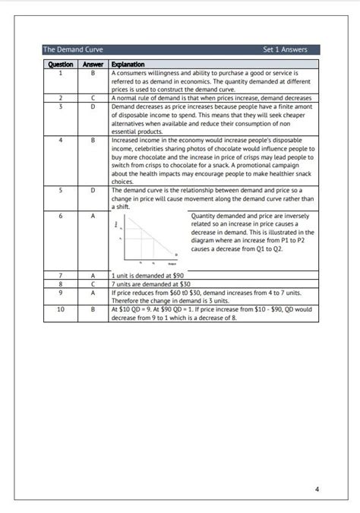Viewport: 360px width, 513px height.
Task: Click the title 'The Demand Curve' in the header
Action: point(73,49)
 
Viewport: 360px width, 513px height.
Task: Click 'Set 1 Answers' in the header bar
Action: point(285,49)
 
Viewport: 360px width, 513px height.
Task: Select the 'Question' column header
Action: point(60,65)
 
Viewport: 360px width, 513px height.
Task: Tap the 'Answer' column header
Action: point(93,65)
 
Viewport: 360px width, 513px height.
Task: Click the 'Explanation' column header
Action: point(128,65)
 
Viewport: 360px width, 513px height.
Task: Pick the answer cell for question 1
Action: point(93,73)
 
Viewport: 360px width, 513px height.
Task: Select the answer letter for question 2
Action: point(93,98)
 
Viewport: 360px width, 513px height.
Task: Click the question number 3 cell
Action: point(60,106)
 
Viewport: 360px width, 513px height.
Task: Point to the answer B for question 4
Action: point(93,140)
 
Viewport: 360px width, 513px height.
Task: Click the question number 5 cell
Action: point(60,190)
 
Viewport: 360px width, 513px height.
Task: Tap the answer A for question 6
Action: point(93,216)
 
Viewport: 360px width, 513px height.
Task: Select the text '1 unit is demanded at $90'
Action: point(148,274)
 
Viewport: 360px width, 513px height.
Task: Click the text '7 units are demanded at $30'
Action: point(150,283)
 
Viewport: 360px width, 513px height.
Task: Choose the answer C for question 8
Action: point(93,283)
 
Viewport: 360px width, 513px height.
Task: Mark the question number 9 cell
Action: point(60,291)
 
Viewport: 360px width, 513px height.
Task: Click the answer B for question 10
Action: point(93,309)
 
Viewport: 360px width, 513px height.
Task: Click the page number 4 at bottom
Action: point(317,467)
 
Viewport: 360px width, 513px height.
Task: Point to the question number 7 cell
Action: point(60,274)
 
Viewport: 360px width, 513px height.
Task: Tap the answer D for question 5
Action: point(93,190)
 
